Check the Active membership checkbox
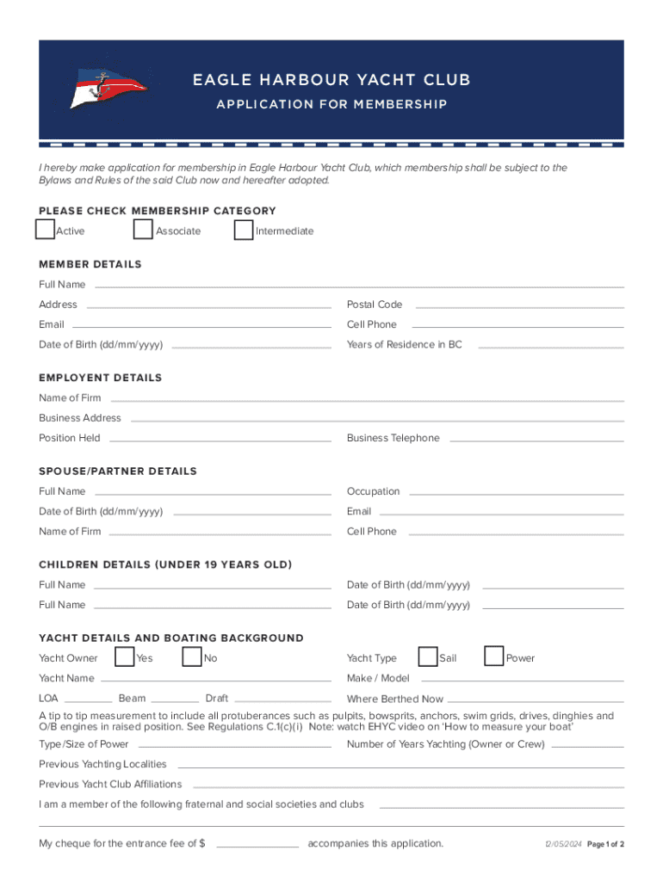pos(45,230)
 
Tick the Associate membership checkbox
pos(144,230)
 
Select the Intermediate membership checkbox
pos(244,230)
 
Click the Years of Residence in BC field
pos(550,345)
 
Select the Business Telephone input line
pos(536,439)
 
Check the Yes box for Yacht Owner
pos(124,657)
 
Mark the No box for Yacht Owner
pos(192,657)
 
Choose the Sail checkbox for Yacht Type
pos(427,657)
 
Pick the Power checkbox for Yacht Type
pos(494,657)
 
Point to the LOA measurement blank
pos(88,699)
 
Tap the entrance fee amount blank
pos(257,844)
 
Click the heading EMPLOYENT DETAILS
pos(100,378)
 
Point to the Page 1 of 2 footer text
pos(605,844)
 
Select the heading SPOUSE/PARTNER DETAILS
pos(117,471)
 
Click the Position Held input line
pos(220,439)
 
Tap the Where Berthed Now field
pos(535,700)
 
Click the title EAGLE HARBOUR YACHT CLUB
pos(331,80)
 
